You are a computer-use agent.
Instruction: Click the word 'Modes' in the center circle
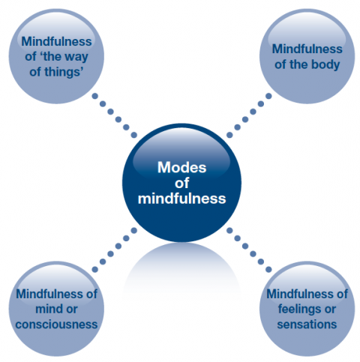[181, 167]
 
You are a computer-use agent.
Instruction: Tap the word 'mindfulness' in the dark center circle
[181, 199]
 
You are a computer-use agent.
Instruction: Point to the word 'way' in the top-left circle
[76, 57]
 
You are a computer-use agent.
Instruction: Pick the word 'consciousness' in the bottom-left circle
[56, 325]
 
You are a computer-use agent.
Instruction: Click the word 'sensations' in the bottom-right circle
[307, 325]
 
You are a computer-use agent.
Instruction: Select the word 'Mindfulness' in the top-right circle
[307, 49]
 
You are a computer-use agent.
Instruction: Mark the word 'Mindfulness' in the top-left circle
[56, 41]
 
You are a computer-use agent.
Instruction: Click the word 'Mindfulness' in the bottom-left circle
[51, 294]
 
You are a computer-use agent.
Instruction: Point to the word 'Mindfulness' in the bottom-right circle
[301, 294]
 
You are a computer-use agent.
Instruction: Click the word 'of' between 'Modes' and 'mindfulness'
[181, 183]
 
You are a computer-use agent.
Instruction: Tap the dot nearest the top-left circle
[95, 96]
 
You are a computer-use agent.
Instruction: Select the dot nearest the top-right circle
[268, 96]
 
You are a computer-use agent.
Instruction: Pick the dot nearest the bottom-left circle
[95, 270]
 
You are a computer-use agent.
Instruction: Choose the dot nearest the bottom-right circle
[268, 270]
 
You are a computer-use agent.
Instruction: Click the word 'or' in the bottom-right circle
[330, 310]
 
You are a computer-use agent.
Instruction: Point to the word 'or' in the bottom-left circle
[72, 310]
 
